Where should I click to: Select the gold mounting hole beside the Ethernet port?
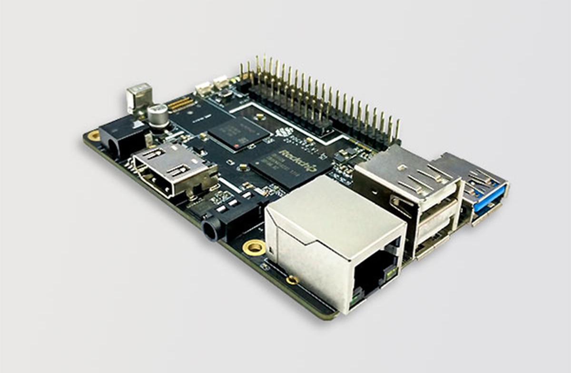(254, 247)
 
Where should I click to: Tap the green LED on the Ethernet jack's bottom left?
(355, 301)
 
